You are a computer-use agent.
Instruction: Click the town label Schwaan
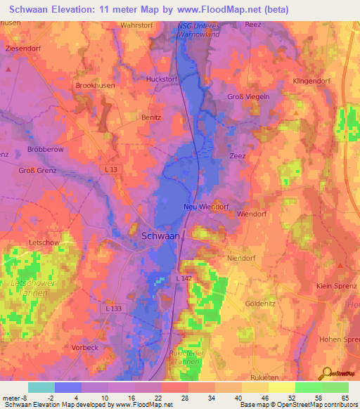(160, 237)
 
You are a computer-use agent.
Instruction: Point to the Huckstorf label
(160, 79)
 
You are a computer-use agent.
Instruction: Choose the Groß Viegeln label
(248, 97)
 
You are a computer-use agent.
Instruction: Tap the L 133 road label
(112, 309)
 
